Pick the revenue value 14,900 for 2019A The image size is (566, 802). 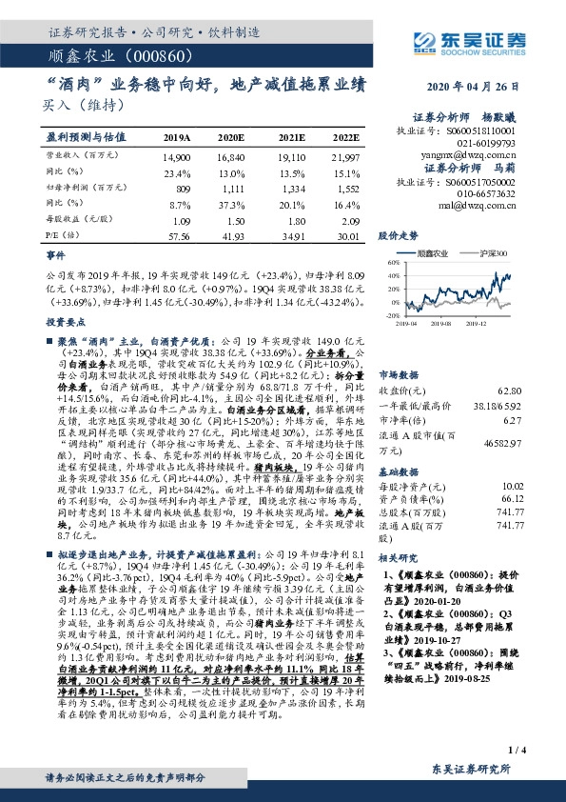[177, 154]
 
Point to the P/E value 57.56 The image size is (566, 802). [177, 235]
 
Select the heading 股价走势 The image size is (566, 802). [425, 233]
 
